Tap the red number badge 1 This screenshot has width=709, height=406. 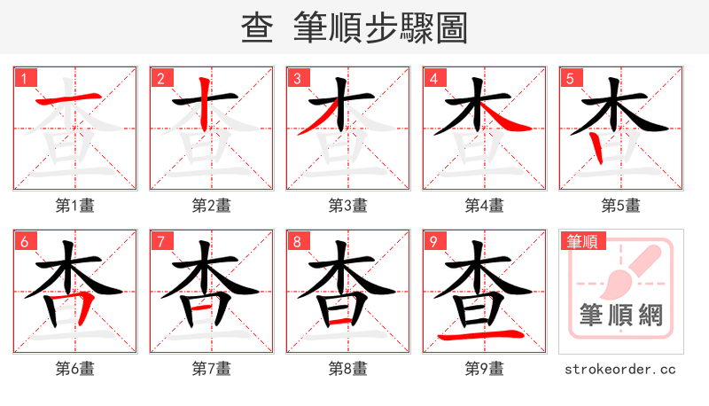click(24, 78)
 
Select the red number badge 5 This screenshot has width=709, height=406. click(570, 78)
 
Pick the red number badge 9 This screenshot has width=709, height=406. click(433, 241)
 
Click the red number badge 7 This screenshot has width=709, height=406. click(160, 241)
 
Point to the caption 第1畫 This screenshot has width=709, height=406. click(75, 206)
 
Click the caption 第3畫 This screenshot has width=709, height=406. click(348, 206)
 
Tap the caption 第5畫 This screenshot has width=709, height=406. click(621, 206)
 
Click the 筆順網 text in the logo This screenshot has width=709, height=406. click(621, 315)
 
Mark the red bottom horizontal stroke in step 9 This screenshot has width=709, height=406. click(485, 336)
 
